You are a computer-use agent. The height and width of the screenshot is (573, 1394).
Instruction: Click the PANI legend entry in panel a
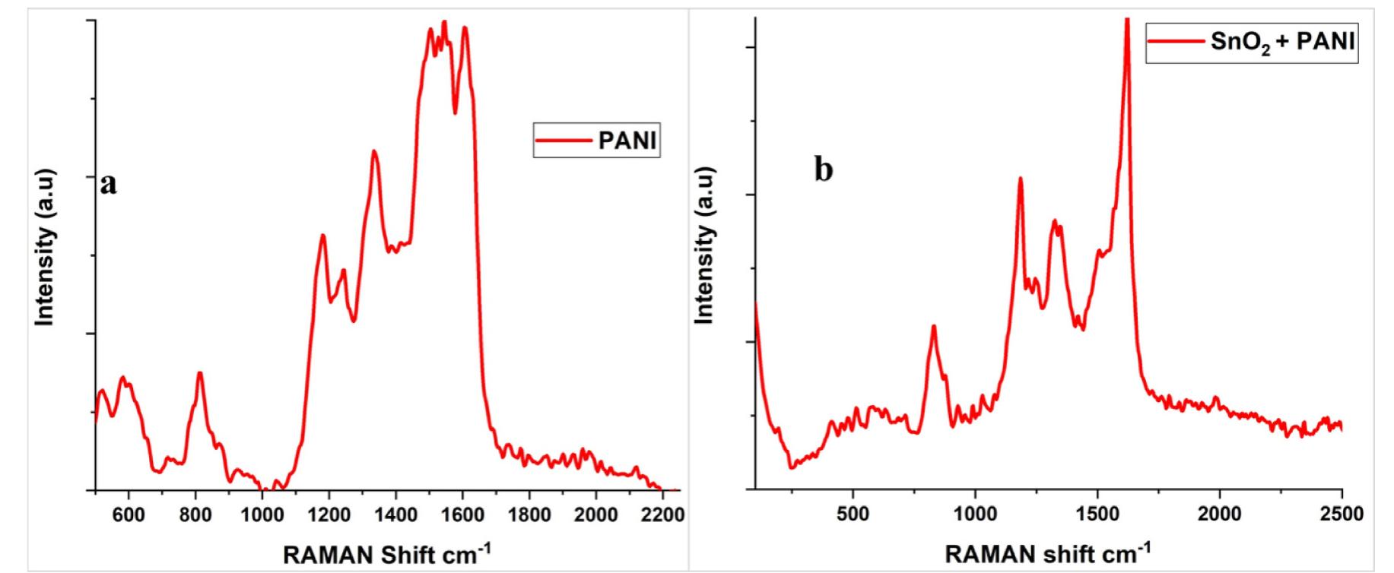click(597, 141)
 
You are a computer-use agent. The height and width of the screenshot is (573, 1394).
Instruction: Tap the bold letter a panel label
click(110, 183)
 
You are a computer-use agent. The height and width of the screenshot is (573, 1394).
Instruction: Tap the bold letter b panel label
click(824, 170)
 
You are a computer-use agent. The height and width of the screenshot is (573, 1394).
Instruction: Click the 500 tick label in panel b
click(853, 514)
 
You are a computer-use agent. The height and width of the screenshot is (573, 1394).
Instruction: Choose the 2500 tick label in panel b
click(1341, 514)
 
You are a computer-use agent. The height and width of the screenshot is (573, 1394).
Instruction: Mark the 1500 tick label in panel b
click(1097, 514)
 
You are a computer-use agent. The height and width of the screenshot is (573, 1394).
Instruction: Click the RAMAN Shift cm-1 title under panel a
click(387, 554)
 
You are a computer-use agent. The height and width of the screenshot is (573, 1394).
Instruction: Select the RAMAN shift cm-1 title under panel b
click(1047, 552)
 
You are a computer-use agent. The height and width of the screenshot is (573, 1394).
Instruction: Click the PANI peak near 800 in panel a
click(200, 373)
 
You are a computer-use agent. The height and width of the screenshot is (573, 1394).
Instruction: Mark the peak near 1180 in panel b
click(1020, 179)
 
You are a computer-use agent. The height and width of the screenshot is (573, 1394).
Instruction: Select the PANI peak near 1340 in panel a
click(374, 151)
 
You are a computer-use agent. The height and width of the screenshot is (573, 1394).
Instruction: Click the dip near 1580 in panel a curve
click(455, 112)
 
